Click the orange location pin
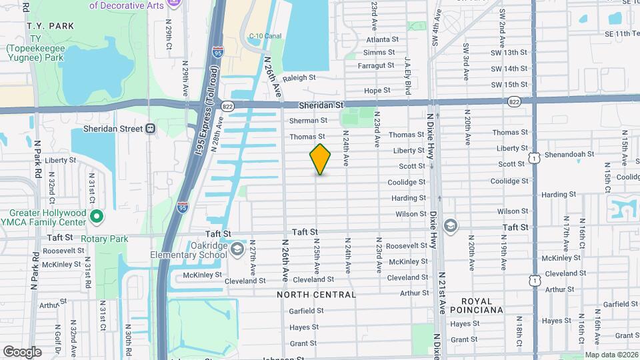321,159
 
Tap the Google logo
22,352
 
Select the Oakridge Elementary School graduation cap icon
237,250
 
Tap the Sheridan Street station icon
151,129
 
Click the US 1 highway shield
533,157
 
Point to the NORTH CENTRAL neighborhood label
317,294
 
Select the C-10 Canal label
265,36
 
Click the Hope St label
377,91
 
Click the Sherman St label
309,121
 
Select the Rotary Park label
104,239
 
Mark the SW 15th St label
509,85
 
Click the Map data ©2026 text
611,355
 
